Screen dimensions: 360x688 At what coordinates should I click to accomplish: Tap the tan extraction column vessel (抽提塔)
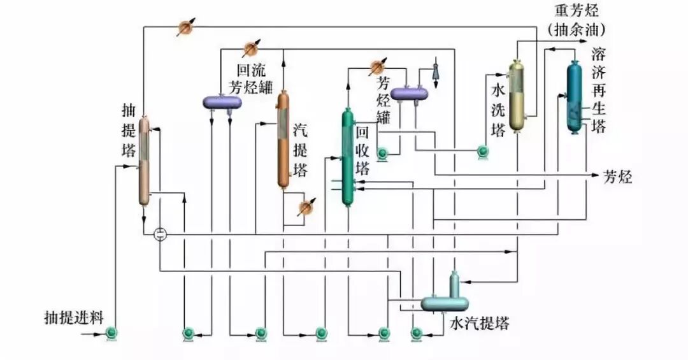(x=145, y=161)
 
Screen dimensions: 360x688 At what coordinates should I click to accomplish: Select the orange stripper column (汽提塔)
(x=283, y=139)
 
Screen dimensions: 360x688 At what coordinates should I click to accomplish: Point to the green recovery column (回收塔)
(x=347, y=157)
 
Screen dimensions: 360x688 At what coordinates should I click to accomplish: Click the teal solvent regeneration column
(x=574, y=97)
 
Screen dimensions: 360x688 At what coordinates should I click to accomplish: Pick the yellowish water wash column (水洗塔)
(x=516, y=96)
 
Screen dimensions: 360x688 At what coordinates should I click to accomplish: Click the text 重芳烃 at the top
(x=573, y=11)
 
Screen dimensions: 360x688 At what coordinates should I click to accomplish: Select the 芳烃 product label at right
(x=617, y=177)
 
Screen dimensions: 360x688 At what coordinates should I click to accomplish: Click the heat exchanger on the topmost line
(x=185, y=27)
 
